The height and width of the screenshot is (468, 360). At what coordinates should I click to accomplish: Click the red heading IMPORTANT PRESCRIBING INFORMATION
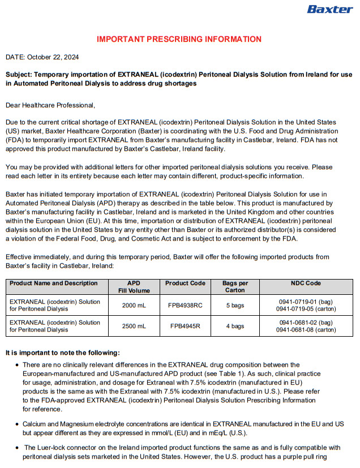pyautogui.click(x=179, y=39)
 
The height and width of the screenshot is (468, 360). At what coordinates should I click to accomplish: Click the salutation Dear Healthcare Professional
pyautogui.click(x=50, y=105)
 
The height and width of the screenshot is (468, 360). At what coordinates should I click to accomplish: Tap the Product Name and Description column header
pyautogui.click(x=54, y=283)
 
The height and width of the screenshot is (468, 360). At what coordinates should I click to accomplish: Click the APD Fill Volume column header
pyautogui.click(x=134, y=286)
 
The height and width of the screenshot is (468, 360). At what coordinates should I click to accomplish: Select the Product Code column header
pyautogui.click(x=185, y=283)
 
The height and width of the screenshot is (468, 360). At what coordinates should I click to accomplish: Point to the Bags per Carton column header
pyautogui.click(x=235, y=286)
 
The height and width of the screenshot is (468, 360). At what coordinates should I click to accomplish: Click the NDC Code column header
pyautogui.click(x=306, y=283)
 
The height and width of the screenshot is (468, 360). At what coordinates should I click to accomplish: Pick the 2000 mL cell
pyautogui.click(x=134, y=305)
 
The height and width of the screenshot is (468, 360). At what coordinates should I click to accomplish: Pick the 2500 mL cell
pyautogui.click(x=134, y=326)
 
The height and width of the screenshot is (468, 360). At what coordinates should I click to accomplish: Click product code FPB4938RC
pyautogui.click(x=185, y=305)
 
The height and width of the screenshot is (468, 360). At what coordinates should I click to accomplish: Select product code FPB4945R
pyautogui.click(x=185, y=326)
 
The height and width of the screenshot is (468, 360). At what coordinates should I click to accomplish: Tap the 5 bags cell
pyautogui.click(x=235, y=305)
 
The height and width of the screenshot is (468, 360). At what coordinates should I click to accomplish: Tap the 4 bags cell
pyautogui.click(x=235, y=326)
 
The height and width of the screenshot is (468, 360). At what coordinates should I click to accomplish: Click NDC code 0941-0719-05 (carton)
pyautogui.click(x=306, y=309)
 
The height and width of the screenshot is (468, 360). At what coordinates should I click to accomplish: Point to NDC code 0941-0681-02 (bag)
pyautogui.click(x=306, y=322)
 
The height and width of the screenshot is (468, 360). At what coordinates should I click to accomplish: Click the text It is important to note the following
pyautogui.click(x=63, y=353)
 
